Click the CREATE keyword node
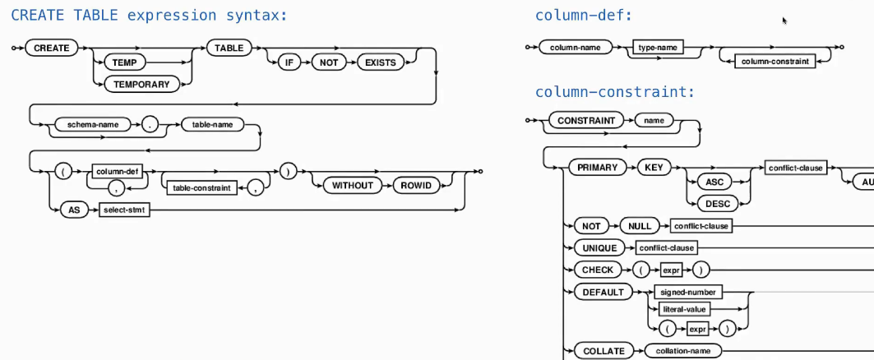(x=51, y=48)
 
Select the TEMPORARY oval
(x=142, y=84)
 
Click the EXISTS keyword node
(x=382, y=62)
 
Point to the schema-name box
(x=93, y=125)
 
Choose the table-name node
(x=212, y=125)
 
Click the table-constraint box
(x=201, y=187)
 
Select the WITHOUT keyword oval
(x=352, y=185)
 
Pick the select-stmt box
(x=120, y=210)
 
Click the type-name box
(x=658, y=48)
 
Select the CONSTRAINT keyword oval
(x=585, y=121)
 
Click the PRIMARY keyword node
(x=598, y=167)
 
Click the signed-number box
(x=688, y=292)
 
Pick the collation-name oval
(x=682, y=351)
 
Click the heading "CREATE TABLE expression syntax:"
(x=150, y=15)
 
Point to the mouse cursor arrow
(x=785, y=21)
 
